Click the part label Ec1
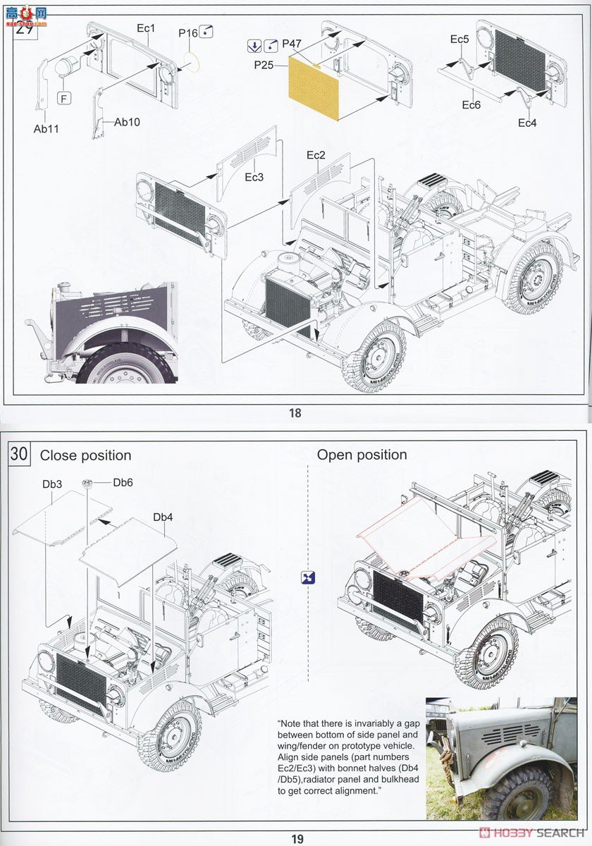pos(146,28)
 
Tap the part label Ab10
pos(127,122)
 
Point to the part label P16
pos(187,33)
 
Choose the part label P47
pos(292,44)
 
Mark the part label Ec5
pos(460,39)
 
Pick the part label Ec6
pos(471,105)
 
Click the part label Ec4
pos(527,123)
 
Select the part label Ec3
pos(254,177)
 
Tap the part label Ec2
pos(315,155)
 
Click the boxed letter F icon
pos(64,99)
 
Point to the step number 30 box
pos(19,454)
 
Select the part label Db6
pos(123,482)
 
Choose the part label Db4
pos(163,517)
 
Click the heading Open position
pos(362,455)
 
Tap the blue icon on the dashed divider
pos(308,577)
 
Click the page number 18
pos(295,413)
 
